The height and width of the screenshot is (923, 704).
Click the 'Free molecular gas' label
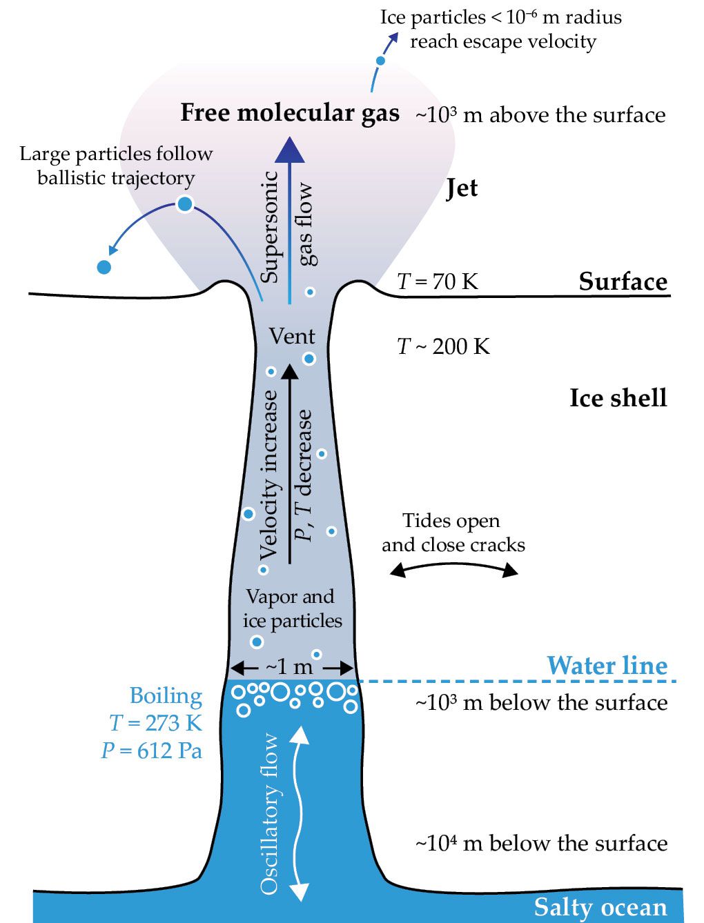(x=290, y=113)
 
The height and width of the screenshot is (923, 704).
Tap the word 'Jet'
(x=462, y=188)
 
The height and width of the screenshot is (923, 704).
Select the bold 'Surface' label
(x=623, y=281)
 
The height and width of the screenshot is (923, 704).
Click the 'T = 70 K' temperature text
(x=438, y=281)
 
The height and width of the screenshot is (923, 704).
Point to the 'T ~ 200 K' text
(x=443, y=346)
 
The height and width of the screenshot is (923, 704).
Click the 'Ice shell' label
(x=618, y=398)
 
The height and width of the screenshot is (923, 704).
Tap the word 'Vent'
(x=292, y=337)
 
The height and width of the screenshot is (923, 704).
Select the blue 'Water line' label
(x=607, y=666)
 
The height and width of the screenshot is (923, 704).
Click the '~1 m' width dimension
(x=291, y=667)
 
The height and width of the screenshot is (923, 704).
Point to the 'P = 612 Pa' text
(x=152, y=750)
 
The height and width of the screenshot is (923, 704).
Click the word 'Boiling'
(x=166, y=696)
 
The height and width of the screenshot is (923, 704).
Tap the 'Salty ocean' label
(x=600, y=907)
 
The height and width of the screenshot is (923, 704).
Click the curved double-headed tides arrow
(x=453, y=567)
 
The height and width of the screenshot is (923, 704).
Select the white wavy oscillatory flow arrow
(x=298, y=813)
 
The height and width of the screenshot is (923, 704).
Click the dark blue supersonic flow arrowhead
(x=290, y=148)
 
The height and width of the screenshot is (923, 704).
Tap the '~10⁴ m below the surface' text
(x=541, y=843)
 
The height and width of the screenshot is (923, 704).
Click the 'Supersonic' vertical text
(x=270, y=226)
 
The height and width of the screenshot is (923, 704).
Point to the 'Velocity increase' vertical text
(x=268, y=475)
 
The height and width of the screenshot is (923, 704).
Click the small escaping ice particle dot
(x=380, y=61)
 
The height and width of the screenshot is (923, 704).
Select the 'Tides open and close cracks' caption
(x=453, y=533)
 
